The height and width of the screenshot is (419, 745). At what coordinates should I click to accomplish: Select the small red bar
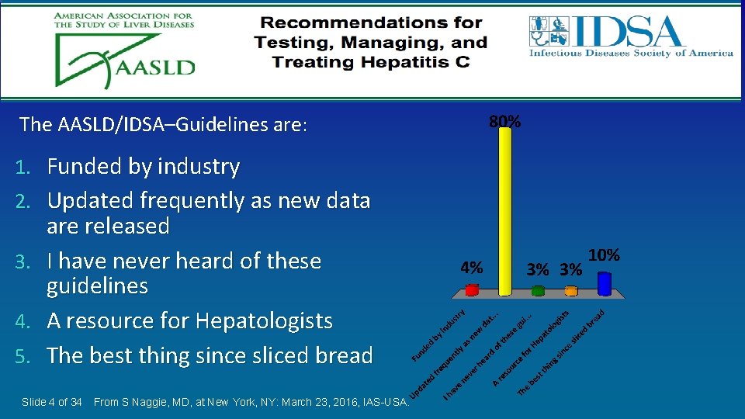point(472,291)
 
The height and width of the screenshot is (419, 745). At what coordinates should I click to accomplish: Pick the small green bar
point(539,292)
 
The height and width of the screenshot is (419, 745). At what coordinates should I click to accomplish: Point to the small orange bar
point(571,292)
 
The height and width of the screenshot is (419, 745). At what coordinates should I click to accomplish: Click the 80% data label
point(505,122)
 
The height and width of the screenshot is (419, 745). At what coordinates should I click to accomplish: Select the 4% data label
point(471,268)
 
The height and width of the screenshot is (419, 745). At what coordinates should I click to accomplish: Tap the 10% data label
point(604,255)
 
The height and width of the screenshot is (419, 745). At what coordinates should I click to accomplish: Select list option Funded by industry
point(144,166)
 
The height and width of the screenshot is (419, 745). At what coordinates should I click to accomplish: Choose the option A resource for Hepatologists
point(189,320)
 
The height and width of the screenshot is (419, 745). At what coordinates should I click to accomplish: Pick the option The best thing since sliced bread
point(210,355)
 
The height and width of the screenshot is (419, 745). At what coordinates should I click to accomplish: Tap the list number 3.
point(23,261)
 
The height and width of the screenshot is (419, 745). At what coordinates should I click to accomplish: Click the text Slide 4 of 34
point(52,402)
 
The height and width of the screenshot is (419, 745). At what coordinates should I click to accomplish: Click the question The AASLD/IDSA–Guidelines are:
point(163,124)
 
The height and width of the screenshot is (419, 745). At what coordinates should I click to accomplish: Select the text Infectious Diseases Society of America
point(631,54)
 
